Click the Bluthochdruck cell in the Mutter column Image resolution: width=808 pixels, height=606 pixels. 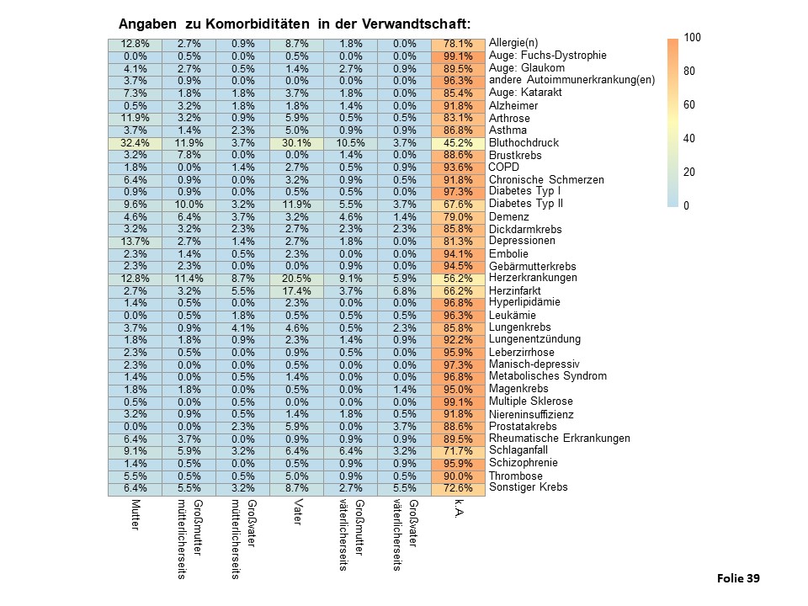[x=135, y=143]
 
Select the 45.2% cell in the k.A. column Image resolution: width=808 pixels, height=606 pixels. [x=458, y=143]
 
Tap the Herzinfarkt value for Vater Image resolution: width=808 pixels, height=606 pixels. [x=297, y=290]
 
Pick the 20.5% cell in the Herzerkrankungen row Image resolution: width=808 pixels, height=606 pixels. [x=297, y=279]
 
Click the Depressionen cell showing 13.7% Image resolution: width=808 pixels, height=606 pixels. [x=135, y=242]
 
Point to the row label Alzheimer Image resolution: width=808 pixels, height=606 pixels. [x=513, y=106]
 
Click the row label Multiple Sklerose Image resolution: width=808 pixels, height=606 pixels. [x=531, y=401]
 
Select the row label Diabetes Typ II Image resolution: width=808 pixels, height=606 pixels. [x=525, y=204]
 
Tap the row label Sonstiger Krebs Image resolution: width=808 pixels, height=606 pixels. [x=529, y=487]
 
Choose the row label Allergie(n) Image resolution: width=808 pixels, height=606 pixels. [x=513, y=43]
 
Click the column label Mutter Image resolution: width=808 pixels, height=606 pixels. [x=136, y=514]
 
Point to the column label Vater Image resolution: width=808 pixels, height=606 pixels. [x=297, y=512]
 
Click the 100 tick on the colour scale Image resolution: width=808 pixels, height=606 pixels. [x=692, y=37]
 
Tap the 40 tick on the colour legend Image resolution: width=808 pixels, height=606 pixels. [x=689, y=138]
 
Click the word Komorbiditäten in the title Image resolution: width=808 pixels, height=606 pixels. [x=258, y=24]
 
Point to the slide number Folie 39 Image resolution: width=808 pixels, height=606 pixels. [x=738, y=579]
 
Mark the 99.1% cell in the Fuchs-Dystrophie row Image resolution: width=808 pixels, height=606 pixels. [x=458, y=56]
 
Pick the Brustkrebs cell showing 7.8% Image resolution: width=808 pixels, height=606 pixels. [x=189, y=155]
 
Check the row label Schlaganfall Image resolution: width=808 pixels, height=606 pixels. [x=518, y=450]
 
